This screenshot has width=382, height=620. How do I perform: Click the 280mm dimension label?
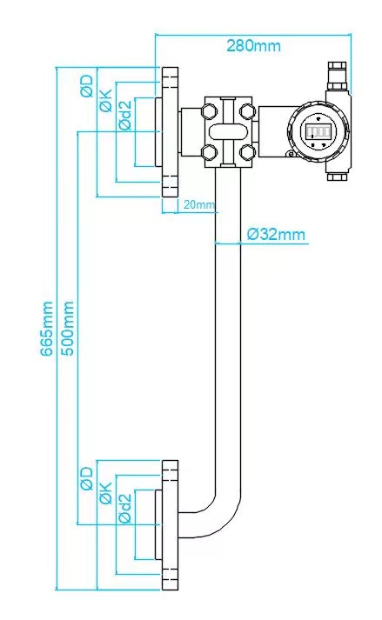click(x=253, y=46)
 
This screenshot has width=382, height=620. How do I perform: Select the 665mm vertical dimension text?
click(x=47, y=328)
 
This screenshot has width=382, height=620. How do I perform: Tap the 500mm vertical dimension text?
click(x=68, y=328)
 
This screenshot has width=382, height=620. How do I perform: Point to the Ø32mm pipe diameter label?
click(x=276, y=234)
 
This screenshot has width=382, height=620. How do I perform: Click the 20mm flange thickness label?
click(x=199, y=204)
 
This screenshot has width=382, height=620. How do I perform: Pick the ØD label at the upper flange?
click(x=87, y=86)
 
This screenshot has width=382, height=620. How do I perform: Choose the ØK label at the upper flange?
click(x=106, y=100)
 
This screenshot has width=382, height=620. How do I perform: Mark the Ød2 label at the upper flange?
click(x=125, y=116)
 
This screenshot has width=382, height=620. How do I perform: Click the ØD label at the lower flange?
click(x=87, y=478)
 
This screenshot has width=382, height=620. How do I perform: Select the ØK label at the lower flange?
click(x=106, y=493)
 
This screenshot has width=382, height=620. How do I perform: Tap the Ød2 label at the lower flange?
click(x=125, y=509)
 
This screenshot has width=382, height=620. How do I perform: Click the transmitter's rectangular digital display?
click(x=318, y=131)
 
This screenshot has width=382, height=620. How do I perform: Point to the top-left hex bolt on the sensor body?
click(x=209, y=110)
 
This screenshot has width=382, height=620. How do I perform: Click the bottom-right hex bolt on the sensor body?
click(x=247, y=152)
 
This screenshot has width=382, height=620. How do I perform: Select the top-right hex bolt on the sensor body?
click(x=247, y=110)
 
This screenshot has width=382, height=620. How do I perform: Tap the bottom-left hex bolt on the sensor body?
click(x=209, y=152)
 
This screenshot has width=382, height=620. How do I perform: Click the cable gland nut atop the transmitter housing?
click(x=338, y=75)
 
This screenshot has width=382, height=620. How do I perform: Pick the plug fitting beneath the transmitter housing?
click(x=338, y=177)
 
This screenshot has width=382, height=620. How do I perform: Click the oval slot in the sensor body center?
click(x=228, y=131)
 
